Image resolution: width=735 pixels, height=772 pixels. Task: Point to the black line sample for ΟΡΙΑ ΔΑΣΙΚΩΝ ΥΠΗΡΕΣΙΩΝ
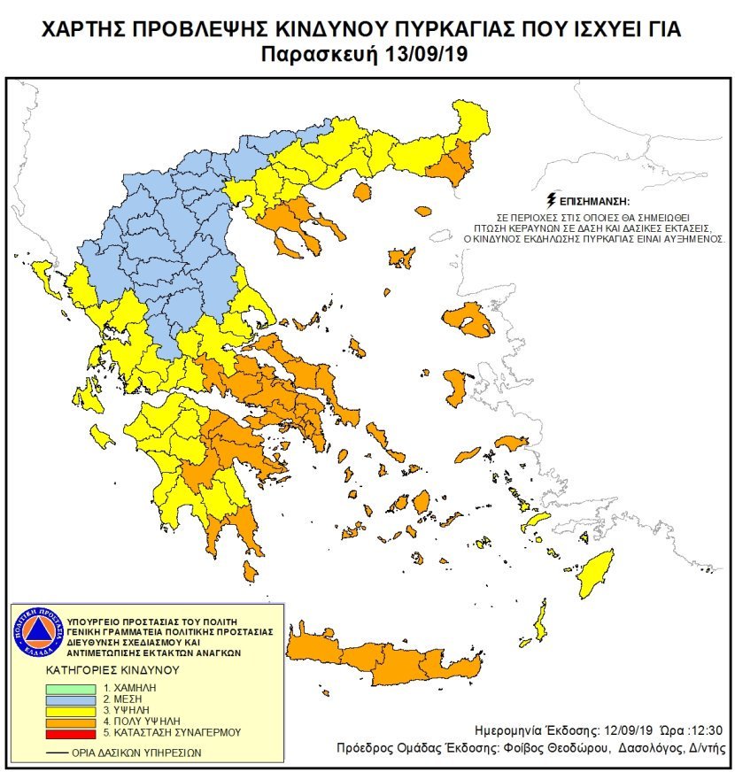click(58, 753)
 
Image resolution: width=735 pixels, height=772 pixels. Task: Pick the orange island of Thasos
click(362, 192)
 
